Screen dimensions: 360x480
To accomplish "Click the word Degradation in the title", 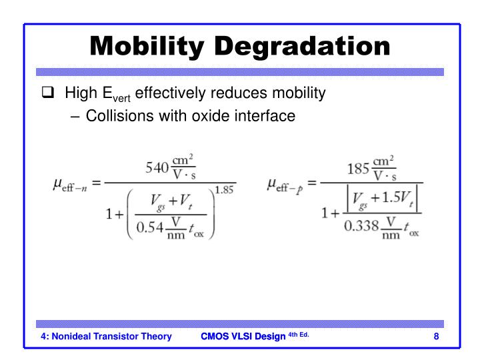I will click(x=309, y=47).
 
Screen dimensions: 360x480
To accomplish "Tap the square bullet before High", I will click(x=47, y=93).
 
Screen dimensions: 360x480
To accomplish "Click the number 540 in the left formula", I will click(x=157, y=167).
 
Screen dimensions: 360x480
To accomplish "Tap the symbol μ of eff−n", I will click(x=58, y=183).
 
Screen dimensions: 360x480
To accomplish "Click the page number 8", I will click(x=436, y=337).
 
